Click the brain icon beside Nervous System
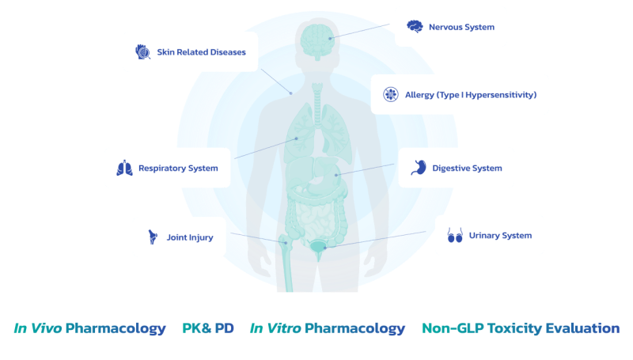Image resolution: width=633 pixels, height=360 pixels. point(415,27)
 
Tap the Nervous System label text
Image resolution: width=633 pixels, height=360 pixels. point(461,27)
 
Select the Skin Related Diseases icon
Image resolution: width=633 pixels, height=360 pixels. point(142,52)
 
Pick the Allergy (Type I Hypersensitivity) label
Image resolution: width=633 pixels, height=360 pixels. point(471,95)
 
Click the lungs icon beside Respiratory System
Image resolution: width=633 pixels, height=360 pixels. point(124,168)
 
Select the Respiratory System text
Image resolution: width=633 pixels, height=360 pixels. point(178,168)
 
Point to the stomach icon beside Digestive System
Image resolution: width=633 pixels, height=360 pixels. point(419,168)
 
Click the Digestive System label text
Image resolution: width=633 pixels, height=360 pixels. point(467,168)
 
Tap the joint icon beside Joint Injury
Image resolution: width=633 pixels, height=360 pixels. point(152,236)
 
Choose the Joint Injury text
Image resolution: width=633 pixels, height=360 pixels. point(189,236)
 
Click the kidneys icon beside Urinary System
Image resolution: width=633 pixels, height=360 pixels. point(455,235)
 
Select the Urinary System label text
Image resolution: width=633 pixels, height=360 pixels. point(500,235)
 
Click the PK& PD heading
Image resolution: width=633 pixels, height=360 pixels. point(208,328)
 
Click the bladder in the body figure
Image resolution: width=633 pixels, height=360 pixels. point(317,248)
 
